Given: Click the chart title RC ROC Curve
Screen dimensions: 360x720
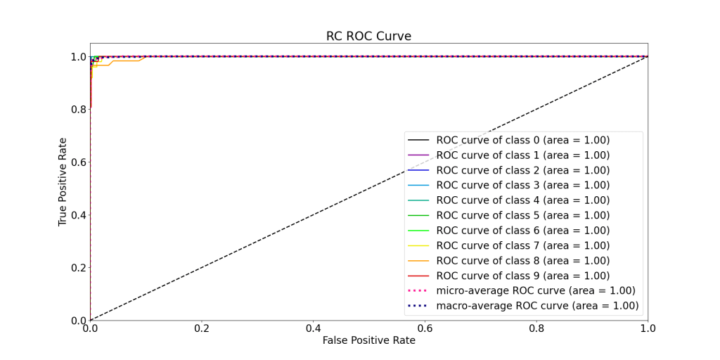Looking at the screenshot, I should click(368, 36).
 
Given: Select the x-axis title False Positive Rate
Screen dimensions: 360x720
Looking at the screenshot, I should click(368, 340).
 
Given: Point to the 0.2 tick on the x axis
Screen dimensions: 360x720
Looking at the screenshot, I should click(202, 328).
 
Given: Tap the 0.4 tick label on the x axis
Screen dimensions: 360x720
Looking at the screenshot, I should click(313, 328).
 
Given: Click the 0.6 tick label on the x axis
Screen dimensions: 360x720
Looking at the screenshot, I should click(425, 328).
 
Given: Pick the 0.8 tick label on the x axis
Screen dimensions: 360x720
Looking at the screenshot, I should click(536, 328).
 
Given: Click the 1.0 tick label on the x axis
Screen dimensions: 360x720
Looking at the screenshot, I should click(648, 328).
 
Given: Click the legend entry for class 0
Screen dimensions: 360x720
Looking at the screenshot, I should click(522, 140).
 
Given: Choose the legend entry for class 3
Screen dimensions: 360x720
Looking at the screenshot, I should click(522, 185).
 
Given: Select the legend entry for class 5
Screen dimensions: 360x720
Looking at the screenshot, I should click(522, 215).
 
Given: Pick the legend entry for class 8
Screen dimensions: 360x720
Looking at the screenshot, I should click(522, 260).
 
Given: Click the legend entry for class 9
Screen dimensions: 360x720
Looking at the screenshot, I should click(522, 276).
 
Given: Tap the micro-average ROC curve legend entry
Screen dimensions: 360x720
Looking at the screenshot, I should click(535, 290).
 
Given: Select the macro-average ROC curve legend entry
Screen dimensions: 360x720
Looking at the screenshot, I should click(537, 306).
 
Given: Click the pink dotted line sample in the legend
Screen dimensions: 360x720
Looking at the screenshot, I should click(418, 290).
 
